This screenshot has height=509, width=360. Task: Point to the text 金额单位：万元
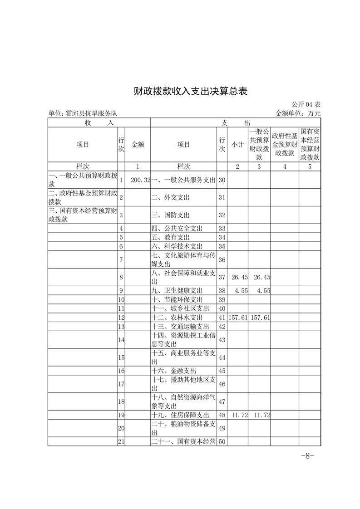coord(298,113)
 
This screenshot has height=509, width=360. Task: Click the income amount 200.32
coord(140,180)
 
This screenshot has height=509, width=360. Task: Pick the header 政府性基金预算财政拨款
coord(285,144)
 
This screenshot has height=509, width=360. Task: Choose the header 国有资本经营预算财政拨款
coord(310,144)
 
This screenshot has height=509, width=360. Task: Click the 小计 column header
coord(238,144)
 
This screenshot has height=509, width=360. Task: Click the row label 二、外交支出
coord(170,198)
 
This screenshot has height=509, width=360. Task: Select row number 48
coord(222,415)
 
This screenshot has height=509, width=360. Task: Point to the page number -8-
coord(308,456)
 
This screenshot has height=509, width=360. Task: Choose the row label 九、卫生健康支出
coord(177,290)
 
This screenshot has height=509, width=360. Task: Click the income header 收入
coord(99,122)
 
